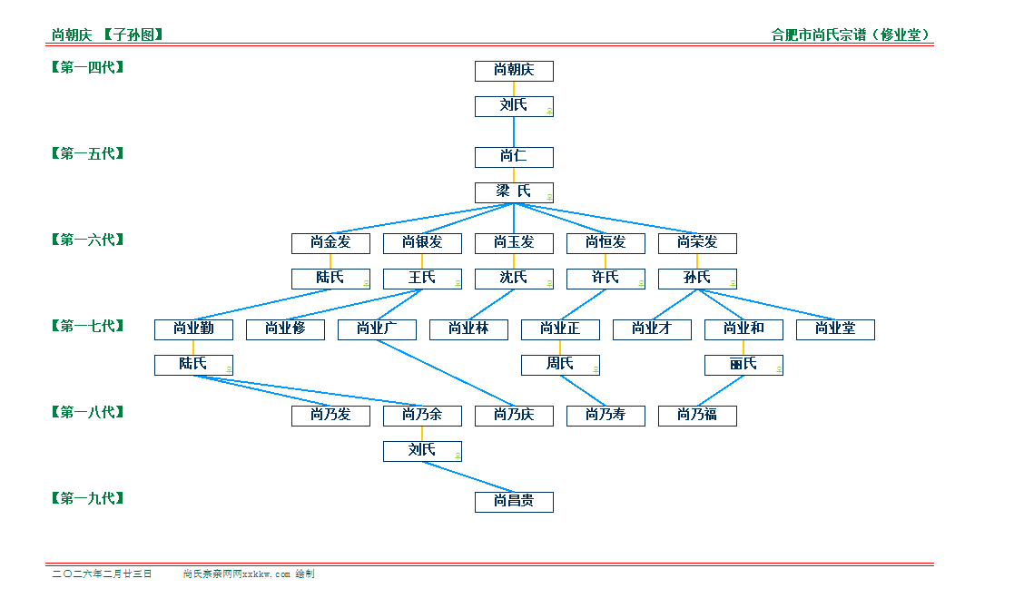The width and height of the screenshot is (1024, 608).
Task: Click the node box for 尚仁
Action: [514, 157]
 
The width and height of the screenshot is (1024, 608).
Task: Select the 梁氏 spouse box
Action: [514, 192]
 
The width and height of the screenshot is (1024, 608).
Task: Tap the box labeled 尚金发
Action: [330, 243]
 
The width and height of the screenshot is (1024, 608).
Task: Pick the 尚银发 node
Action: [422, 243]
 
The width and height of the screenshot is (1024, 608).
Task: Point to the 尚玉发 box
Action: [514, 243]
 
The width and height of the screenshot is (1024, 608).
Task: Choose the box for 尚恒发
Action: [606, 243]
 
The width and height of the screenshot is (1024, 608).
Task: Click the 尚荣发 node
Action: [697, 243]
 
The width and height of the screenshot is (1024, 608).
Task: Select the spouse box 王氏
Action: [422, 279]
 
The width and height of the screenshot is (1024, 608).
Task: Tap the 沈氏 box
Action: [514, 279]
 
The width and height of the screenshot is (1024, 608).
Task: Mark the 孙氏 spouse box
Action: [697, 279]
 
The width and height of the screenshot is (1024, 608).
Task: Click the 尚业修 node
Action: [285, 329]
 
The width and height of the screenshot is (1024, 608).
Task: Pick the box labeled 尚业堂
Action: [835, 329]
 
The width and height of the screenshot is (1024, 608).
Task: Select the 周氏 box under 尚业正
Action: [560, 365]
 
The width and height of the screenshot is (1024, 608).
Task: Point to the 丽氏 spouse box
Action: [743, 365]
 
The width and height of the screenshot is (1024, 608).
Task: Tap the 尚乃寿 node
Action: [606, 416]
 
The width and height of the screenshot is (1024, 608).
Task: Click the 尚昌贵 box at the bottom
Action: [514, 502]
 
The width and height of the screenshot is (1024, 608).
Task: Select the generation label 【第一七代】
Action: [88, 326]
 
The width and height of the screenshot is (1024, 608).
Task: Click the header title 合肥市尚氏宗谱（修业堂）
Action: [852, 35]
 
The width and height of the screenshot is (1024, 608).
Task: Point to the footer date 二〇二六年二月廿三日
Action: [102, 574]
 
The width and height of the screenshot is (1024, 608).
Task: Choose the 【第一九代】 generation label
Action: [88, 498]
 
